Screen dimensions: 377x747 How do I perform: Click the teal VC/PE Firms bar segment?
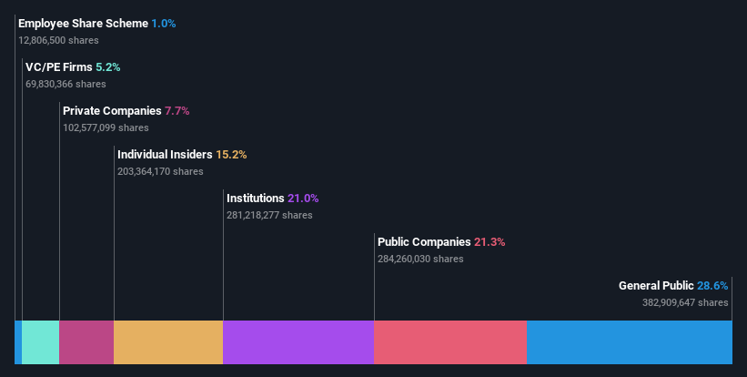[x=40, y=342]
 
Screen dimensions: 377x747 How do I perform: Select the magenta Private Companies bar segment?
[x=86, y=342]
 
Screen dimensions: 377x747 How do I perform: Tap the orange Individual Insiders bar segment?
[x=168, y=342]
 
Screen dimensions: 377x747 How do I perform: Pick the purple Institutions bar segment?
[x=298, y=342]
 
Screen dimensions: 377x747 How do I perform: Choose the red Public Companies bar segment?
[x=450, y=342]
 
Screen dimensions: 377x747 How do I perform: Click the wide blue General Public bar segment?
[x=630, y=342]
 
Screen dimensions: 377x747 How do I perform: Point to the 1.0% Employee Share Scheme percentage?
[x=165, y=23]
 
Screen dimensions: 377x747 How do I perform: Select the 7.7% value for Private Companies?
[x=177, y=110]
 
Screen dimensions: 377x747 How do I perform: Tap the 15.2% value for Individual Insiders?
[x=231, y=154]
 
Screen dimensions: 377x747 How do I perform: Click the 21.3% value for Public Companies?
[x=489, y=241]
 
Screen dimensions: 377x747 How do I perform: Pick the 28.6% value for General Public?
[x=712, y=285]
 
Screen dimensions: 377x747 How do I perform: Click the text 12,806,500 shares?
[x=58, y=40]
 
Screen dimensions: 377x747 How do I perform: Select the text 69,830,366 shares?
[x=66, y=84]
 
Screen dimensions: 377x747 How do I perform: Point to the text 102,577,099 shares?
[x=106, y=127]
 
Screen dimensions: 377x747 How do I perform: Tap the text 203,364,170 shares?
[x=160, y=171]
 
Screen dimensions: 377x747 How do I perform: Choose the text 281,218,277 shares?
[x=269, y=215]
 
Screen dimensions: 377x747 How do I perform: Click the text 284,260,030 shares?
[x=420, y=259]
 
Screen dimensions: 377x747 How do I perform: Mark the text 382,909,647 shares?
[x=685, y=302]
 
